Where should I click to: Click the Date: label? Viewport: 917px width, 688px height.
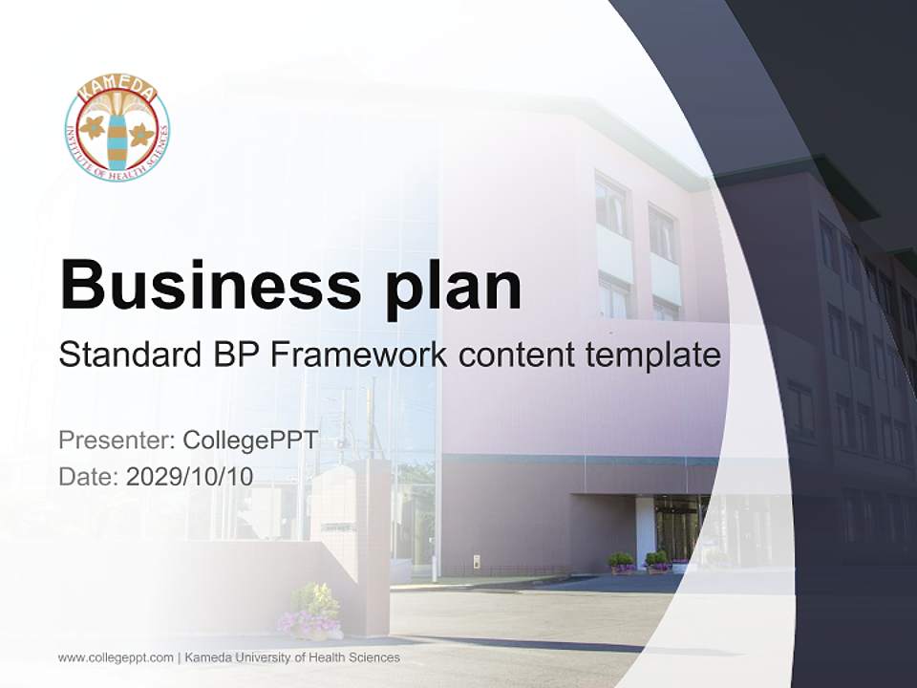(89, 476)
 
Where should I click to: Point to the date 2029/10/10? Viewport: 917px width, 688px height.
(190, 476)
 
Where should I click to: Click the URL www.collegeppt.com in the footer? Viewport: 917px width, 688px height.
(116, 657)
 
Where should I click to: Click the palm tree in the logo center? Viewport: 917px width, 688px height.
(117, 134)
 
